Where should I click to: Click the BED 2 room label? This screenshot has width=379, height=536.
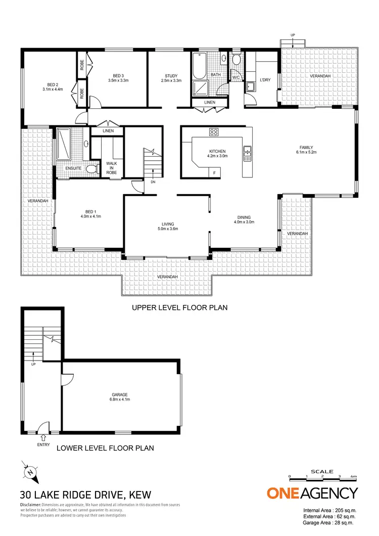click(x=53, y=84)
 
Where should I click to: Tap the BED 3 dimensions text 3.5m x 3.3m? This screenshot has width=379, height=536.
click(x=119, y=80)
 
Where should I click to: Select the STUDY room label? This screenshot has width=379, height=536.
click(x=171, y=75)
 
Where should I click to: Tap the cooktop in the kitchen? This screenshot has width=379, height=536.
click(x=214, y=132)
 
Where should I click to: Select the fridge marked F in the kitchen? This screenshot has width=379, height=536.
click(x=214, y=173)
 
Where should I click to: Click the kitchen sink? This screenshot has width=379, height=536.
click(x=247, y=153)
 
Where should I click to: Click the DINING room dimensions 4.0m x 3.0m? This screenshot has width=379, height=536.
click(x=244, y=222)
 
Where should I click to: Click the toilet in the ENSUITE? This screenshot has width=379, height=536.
click(x=91, y=169)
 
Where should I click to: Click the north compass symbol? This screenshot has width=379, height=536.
click(x=31, y=472)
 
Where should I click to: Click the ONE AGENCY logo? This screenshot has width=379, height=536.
click(x=312, y=493)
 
